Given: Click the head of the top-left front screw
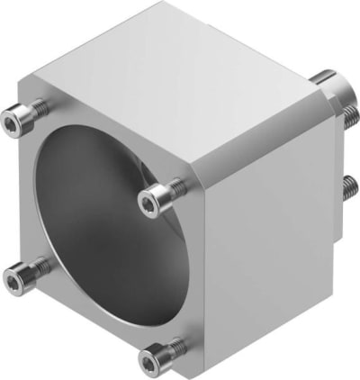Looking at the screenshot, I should pos(17,117).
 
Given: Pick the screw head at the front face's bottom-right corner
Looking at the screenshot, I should pos(151,358).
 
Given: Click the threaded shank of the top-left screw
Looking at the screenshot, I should pos(37,108).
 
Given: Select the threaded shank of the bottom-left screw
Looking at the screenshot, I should pos(38,268).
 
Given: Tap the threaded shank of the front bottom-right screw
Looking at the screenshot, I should pos(177,345).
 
